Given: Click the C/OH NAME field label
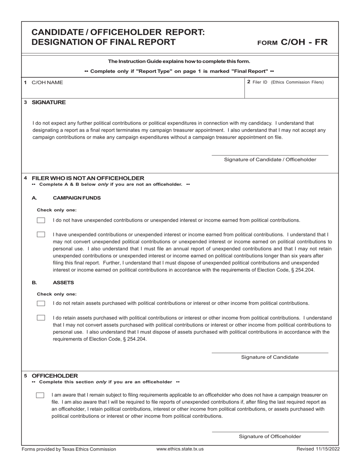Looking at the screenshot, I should point(47,83).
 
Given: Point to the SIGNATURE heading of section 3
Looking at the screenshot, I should point(49,102).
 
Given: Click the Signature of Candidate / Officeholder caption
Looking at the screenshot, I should point(270,160).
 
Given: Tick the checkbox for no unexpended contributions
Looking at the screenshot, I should point(41,220).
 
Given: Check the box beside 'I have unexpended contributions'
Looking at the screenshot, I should point(41,235).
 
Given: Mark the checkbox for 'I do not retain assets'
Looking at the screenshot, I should point(41,303).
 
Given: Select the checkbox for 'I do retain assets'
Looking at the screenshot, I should point(41,317).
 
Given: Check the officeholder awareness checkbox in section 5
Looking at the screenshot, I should point(40,395).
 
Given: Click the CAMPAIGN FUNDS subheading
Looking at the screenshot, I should point(77,198).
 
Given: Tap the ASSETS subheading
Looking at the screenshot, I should point(63,283).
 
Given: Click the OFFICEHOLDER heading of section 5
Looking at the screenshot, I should point(55,376).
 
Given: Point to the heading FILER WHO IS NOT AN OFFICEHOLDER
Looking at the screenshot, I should point(88,178).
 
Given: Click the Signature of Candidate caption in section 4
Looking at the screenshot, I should point(270,357).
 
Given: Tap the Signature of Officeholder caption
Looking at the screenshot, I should point(270,436).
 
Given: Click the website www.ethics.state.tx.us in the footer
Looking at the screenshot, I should point(180,449).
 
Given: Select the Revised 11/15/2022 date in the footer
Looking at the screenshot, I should point(318,449).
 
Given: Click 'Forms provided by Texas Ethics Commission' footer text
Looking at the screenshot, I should point(69,449).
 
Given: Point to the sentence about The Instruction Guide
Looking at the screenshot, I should point(179,61).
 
